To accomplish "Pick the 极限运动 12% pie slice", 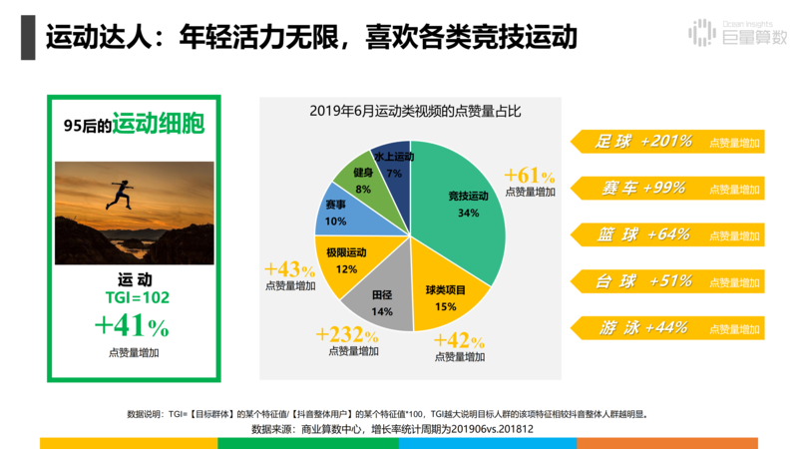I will click(x=345, y=259).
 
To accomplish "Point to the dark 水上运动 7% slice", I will click(x=394, y=164).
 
